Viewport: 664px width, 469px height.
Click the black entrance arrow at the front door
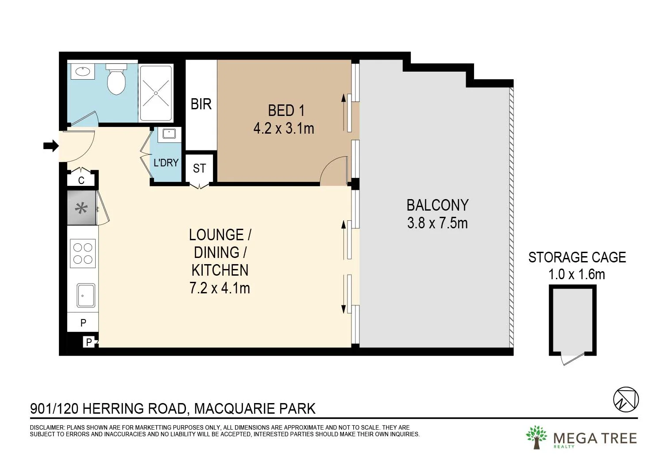[x=51, y=146]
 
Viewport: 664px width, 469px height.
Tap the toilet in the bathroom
[x=116, y=80]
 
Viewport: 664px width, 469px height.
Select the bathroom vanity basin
[x=83, y=71]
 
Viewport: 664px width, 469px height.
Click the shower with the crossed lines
[x=156, y=93]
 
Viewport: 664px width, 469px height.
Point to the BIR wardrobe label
[x=201, y=104]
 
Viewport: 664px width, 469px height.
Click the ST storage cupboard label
[x=199, y=169]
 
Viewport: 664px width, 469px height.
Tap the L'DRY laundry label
[x=166, y=163]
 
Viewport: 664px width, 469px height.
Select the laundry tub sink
[x=169, y=133]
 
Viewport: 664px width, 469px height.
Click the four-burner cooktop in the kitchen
[x=83, y=254]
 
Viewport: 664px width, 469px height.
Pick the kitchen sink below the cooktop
[x=86, y=295]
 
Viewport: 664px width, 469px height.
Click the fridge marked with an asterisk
[x=81, y=208]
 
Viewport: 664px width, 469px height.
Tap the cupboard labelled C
[x=81, y=180]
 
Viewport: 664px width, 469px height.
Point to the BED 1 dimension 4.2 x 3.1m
[x=284, y=129]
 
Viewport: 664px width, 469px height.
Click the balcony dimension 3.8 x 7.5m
[x=437, y=223]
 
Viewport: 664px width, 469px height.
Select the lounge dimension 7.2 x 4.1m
[x=220, y=288]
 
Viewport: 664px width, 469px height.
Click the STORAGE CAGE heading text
[x=577, y=258]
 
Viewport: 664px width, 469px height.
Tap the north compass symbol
[x=626, y=400]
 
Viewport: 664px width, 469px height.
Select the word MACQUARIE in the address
[x=230, y=408]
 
